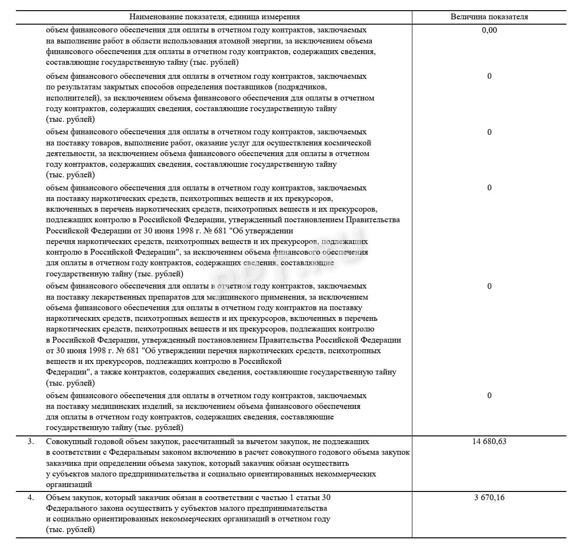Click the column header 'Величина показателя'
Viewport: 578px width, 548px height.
point(489,17)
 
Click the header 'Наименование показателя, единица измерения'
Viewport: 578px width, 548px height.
point(214,17)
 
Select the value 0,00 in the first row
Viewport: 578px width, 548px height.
point(489,30)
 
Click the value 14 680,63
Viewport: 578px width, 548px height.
point(489,441)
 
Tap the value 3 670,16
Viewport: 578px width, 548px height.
point(489,497)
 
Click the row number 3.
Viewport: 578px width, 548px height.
point(30,441)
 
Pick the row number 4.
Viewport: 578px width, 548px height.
point(30,497)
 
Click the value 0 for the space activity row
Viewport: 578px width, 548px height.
point(489,132)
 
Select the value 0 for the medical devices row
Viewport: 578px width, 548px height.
point(489,395)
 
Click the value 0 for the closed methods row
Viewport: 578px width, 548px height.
point(489,76)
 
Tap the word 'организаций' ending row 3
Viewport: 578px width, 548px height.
point(69,484)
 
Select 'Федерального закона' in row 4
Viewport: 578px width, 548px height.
point(85,508)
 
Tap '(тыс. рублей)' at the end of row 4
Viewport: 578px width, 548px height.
point(70,530)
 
